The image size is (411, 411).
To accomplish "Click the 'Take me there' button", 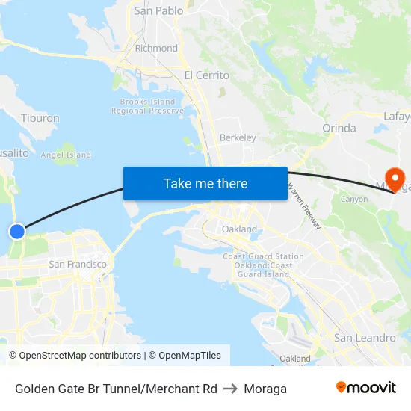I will pyautogui.click(x=205, y=183).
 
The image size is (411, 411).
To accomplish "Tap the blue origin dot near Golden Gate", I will pyautogui.click(x=17, y=232).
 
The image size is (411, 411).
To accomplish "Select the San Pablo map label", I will pyautogui.click(x=158, y=11).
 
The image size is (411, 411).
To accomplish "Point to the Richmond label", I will pyautogui.click(x=156, y=48).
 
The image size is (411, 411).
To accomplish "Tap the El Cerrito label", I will pyautogui.click(x=206, y=75).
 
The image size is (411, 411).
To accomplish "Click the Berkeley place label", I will pyautogui.click(x=238, y=137).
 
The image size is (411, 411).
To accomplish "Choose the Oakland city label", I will pyautogui.click(x=239, y=229).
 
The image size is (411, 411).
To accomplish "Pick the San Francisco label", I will pyautogui.click(x=78, y=264).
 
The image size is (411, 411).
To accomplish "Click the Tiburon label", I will pyautogui.click(x=40, y=118).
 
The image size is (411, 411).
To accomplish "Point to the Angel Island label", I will pyautogui.click(x=66, y=155).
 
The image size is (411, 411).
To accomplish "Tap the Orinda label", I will pyautogui.click(x=339, y=128).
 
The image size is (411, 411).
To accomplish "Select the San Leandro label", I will pyautogui.click(x=365, y=338).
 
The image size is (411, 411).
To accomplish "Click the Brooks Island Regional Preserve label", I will pyautogui.click(x=147, y=106).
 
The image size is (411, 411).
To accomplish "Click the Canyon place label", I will pyautogui.click(x=353, y=200).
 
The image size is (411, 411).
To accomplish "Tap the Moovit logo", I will pyautogui.click(x=365, y=388).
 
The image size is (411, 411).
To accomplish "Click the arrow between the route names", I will pyautogui.click(x=230, y=389).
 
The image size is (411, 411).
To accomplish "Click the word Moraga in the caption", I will pyautogui.click(x=265, y=389).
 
